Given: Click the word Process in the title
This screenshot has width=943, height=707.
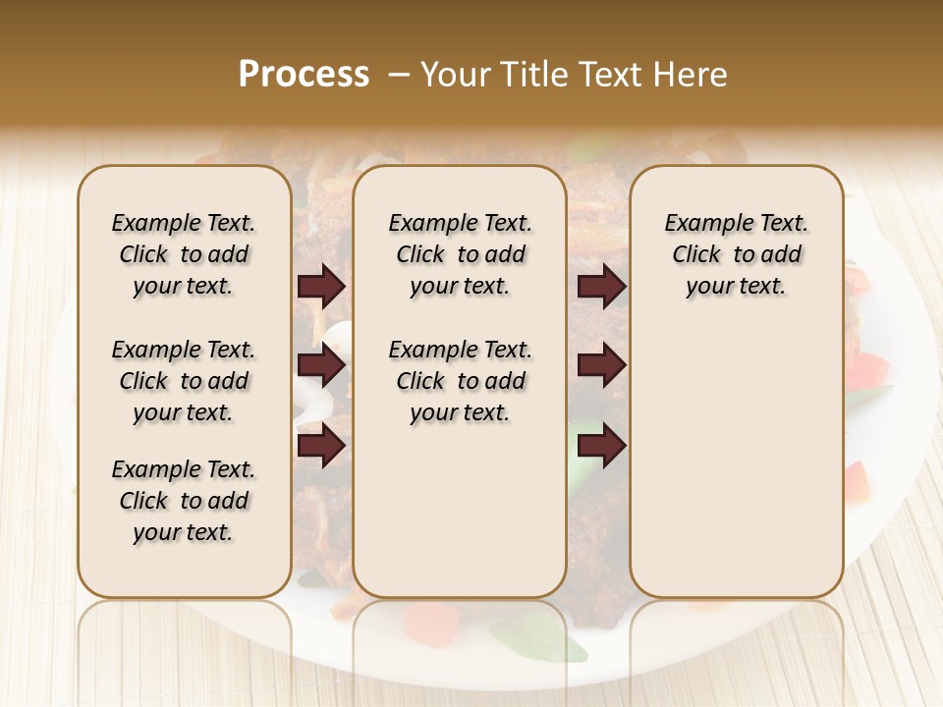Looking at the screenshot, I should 304,75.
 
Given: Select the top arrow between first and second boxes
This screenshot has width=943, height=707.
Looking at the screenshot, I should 321,286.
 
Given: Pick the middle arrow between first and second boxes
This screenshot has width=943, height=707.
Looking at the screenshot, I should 321,366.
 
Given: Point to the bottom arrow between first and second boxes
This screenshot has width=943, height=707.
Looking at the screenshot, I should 321,446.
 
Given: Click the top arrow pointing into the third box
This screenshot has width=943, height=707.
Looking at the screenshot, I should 602,286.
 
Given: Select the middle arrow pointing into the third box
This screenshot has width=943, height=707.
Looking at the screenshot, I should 602,366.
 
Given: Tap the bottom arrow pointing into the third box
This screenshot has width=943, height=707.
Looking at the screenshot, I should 602,446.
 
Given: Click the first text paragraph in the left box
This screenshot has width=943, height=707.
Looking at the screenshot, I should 184,254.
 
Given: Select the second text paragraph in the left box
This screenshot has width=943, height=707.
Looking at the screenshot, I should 184,381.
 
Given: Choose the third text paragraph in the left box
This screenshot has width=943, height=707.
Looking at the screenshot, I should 184,501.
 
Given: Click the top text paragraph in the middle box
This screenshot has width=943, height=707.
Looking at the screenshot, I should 460,254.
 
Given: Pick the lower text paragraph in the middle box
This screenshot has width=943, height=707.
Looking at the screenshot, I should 460,381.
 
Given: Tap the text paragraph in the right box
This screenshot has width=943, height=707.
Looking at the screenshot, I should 736,254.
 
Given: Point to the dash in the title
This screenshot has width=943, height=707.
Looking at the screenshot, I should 399,75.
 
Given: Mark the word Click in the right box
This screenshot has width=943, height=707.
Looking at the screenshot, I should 696,254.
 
